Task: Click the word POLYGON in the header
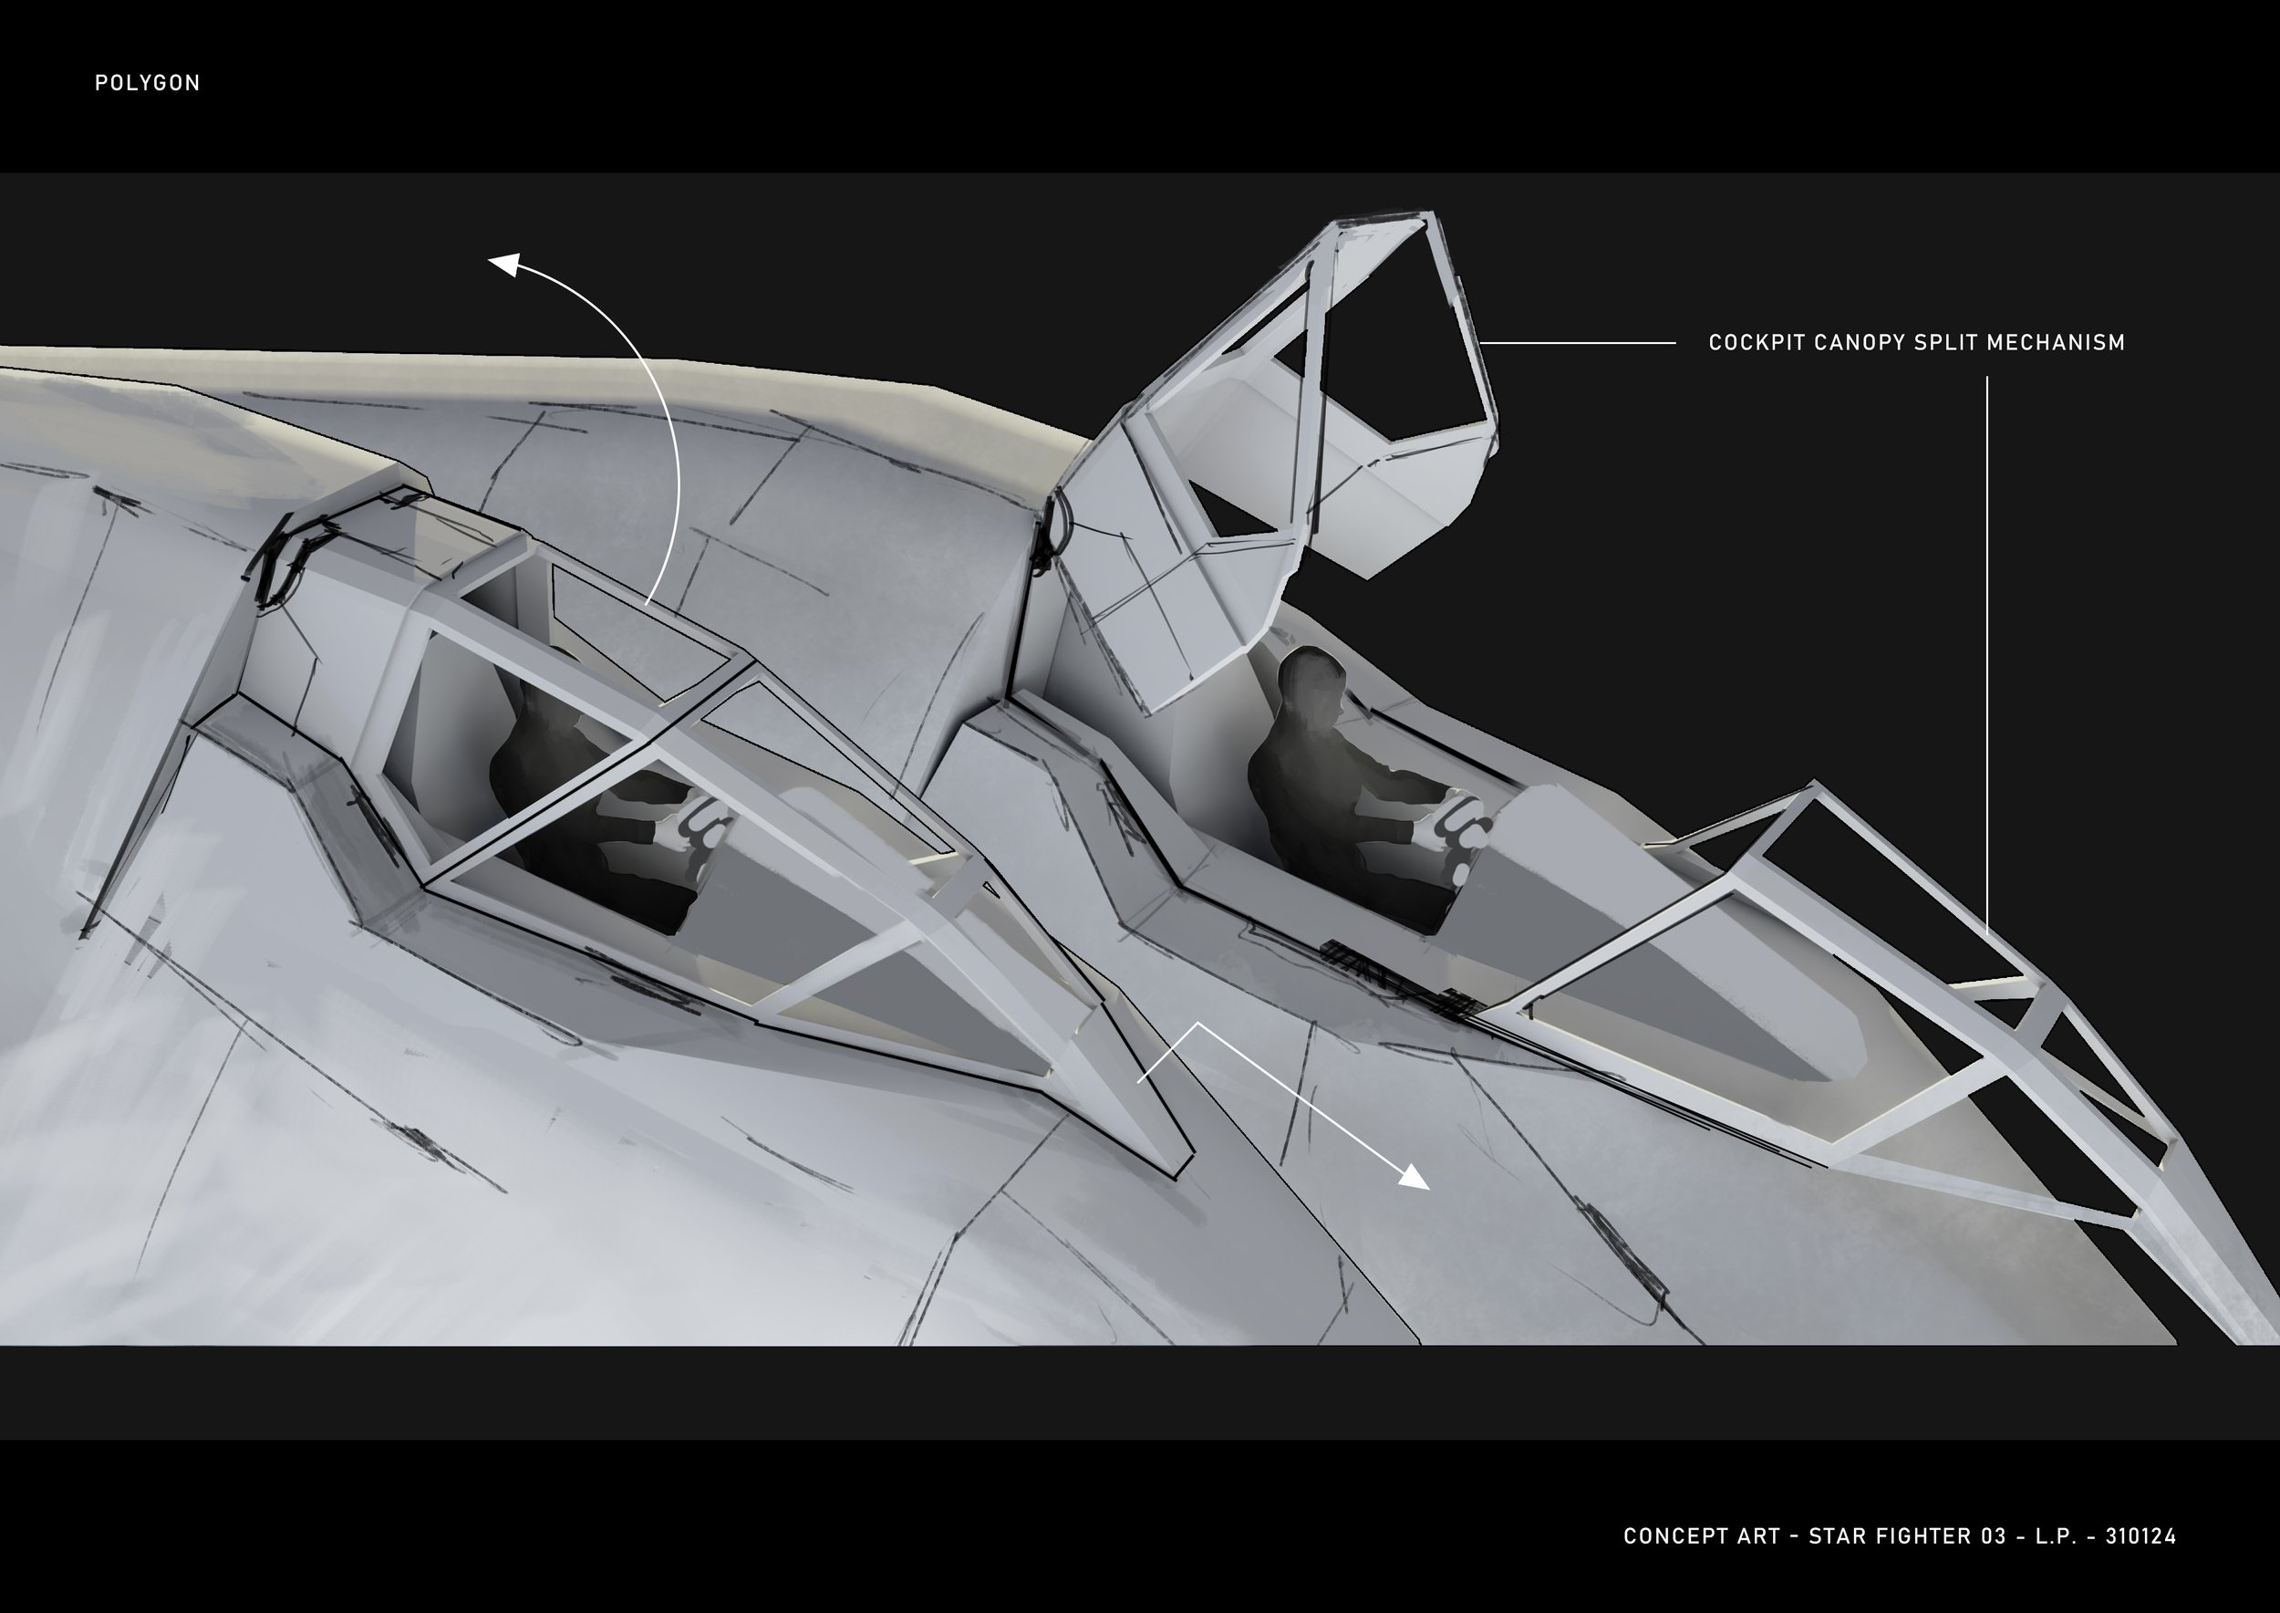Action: (147, 83)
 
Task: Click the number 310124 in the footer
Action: (2140, 1535)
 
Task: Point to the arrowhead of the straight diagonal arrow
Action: (1415, 1180)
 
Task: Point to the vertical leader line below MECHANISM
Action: (1987, 646)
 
